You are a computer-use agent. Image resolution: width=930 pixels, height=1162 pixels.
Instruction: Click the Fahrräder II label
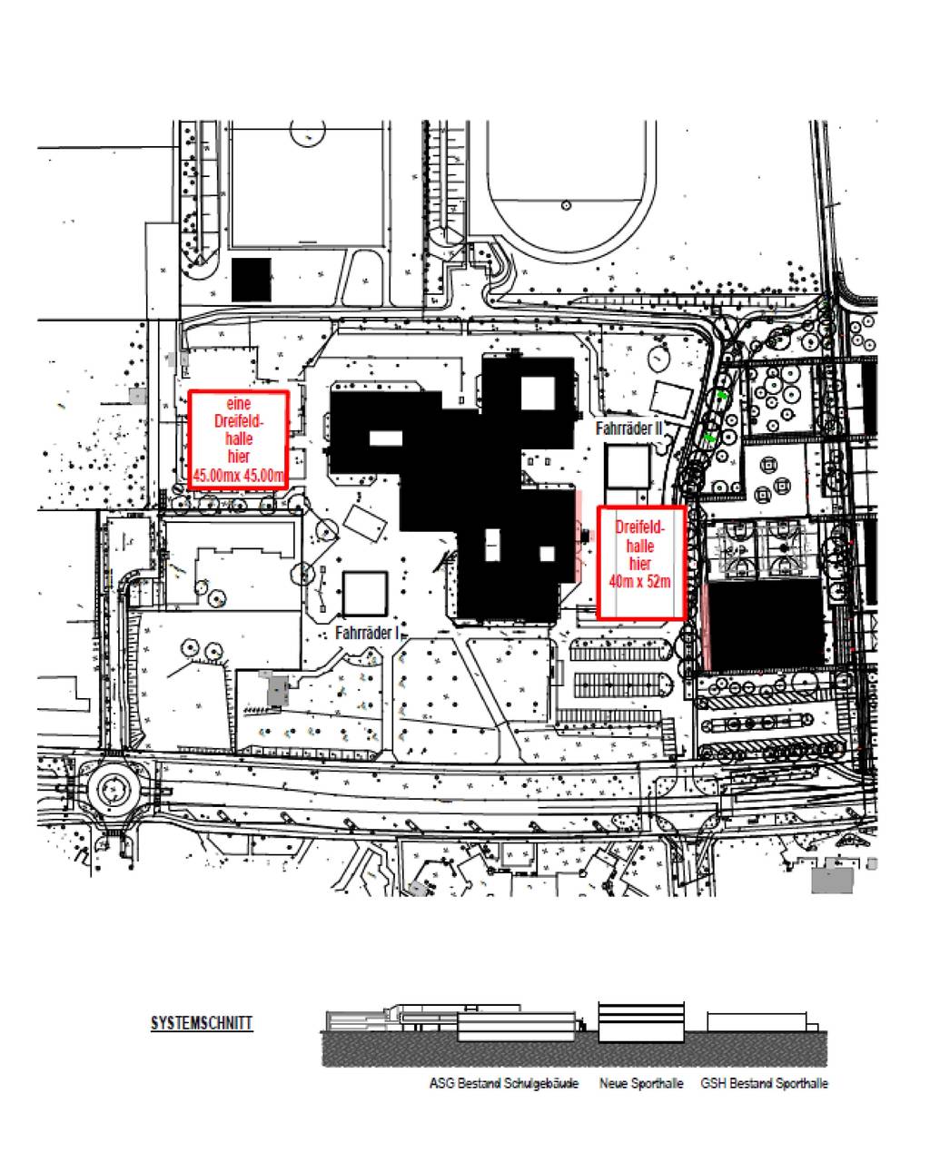(x=628, y=428)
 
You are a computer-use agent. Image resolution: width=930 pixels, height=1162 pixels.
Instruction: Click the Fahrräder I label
(x=367, y=633)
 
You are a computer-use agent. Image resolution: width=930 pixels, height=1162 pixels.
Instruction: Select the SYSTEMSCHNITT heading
(x=202, y=1023)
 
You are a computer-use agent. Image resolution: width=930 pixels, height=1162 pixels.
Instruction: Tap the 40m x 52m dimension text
(x=639, y=582)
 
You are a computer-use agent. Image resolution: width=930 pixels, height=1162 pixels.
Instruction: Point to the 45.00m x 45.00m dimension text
(x=238, y=477)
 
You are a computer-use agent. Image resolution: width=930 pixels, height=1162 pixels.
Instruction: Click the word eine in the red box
(x=238, y=403)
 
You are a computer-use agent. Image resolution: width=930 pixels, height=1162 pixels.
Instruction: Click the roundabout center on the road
(x=114, y=790)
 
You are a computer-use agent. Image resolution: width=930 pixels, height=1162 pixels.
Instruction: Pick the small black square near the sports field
(x=252, y=280)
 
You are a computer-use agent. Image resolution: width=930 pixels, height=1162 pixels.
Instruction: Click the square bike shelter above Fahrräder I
(x=365, y=594)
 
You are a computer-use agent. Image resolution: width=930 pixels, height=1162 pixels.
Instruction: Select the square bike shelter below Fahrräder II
(x=627, y=467)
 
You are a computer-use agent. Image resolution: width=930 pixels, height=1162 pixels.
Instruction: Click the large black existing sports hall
(x=767, y=625)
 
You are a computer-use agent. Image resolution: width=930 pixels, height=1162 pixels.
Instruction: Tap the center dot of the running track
(x=567, y=205)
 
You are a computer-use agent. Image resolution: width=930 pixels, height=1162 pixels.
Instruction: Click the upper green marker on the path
(x=722, y=395)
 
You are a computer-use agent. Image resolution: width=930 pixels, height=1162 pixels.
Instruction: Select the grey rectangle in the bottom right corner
(x=832, y=881)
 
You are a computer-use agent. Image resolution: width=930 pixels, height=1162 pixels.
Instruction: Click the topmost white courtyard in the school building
(x=538, y=392)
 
